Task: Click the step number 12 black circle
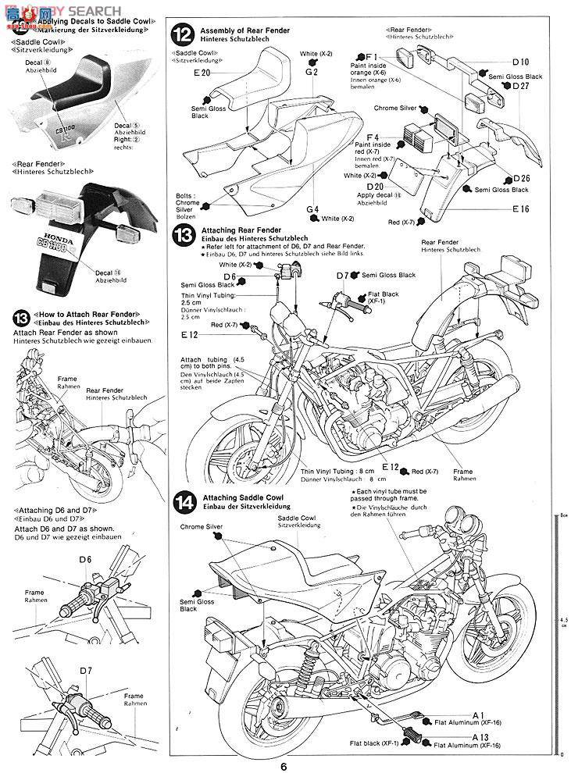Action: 182,34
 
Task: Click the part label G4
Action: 312,209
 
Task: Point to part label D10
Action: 520,61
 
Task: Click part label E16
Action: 521,209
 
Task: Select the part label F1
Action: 370,57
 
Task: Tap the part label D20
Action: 374,187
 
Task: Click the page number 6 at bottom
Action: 285,764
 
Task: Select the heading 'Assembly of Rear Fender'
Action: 233,30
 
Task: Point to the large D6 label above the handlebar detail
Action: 84,559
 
